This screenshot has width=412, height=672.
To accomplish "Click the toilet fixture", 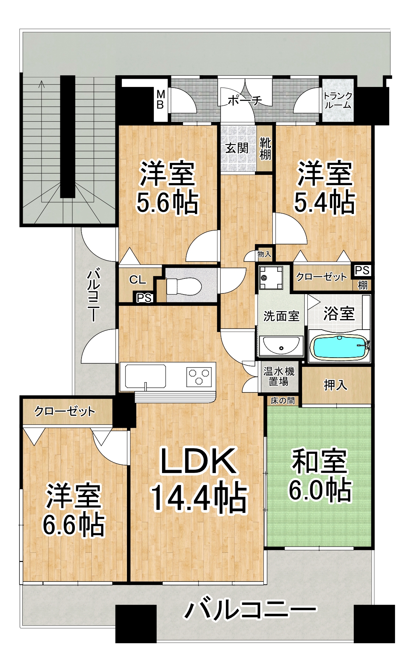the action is (183, 286).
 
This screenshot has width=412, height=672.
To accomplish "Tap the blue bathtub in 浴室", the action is (339, 347).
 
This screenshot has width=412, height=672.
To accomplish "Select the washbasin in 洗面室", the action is (280, 346).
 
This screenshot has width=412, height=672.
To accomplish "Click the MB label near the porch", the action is (161, 100).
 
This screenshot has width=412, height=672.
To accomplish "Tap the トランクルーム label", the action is (338, 100).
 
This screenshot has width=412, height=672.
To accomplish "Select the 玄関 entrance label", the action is (237, 148).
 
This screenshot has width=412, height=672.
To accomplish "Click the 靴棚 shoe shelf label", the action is (265, 149).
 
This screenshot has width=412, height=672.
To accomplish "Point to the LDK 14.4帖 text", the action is (199, 479).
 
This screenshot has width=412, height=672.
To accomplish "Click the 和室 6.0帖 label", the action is (320, 475).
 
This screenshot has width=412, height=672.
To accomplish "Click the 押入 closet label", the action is (335, 385).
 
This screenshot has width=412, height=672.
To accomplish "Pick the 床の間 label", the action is (283, 401).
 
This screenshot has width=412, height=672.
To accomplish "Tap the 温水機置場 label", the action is (279, 376).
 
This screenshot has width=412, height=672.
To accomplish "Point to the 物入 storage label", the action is (264, 254).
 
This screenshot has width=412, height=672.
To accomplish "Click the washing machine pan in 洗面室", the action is (271, 277).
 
